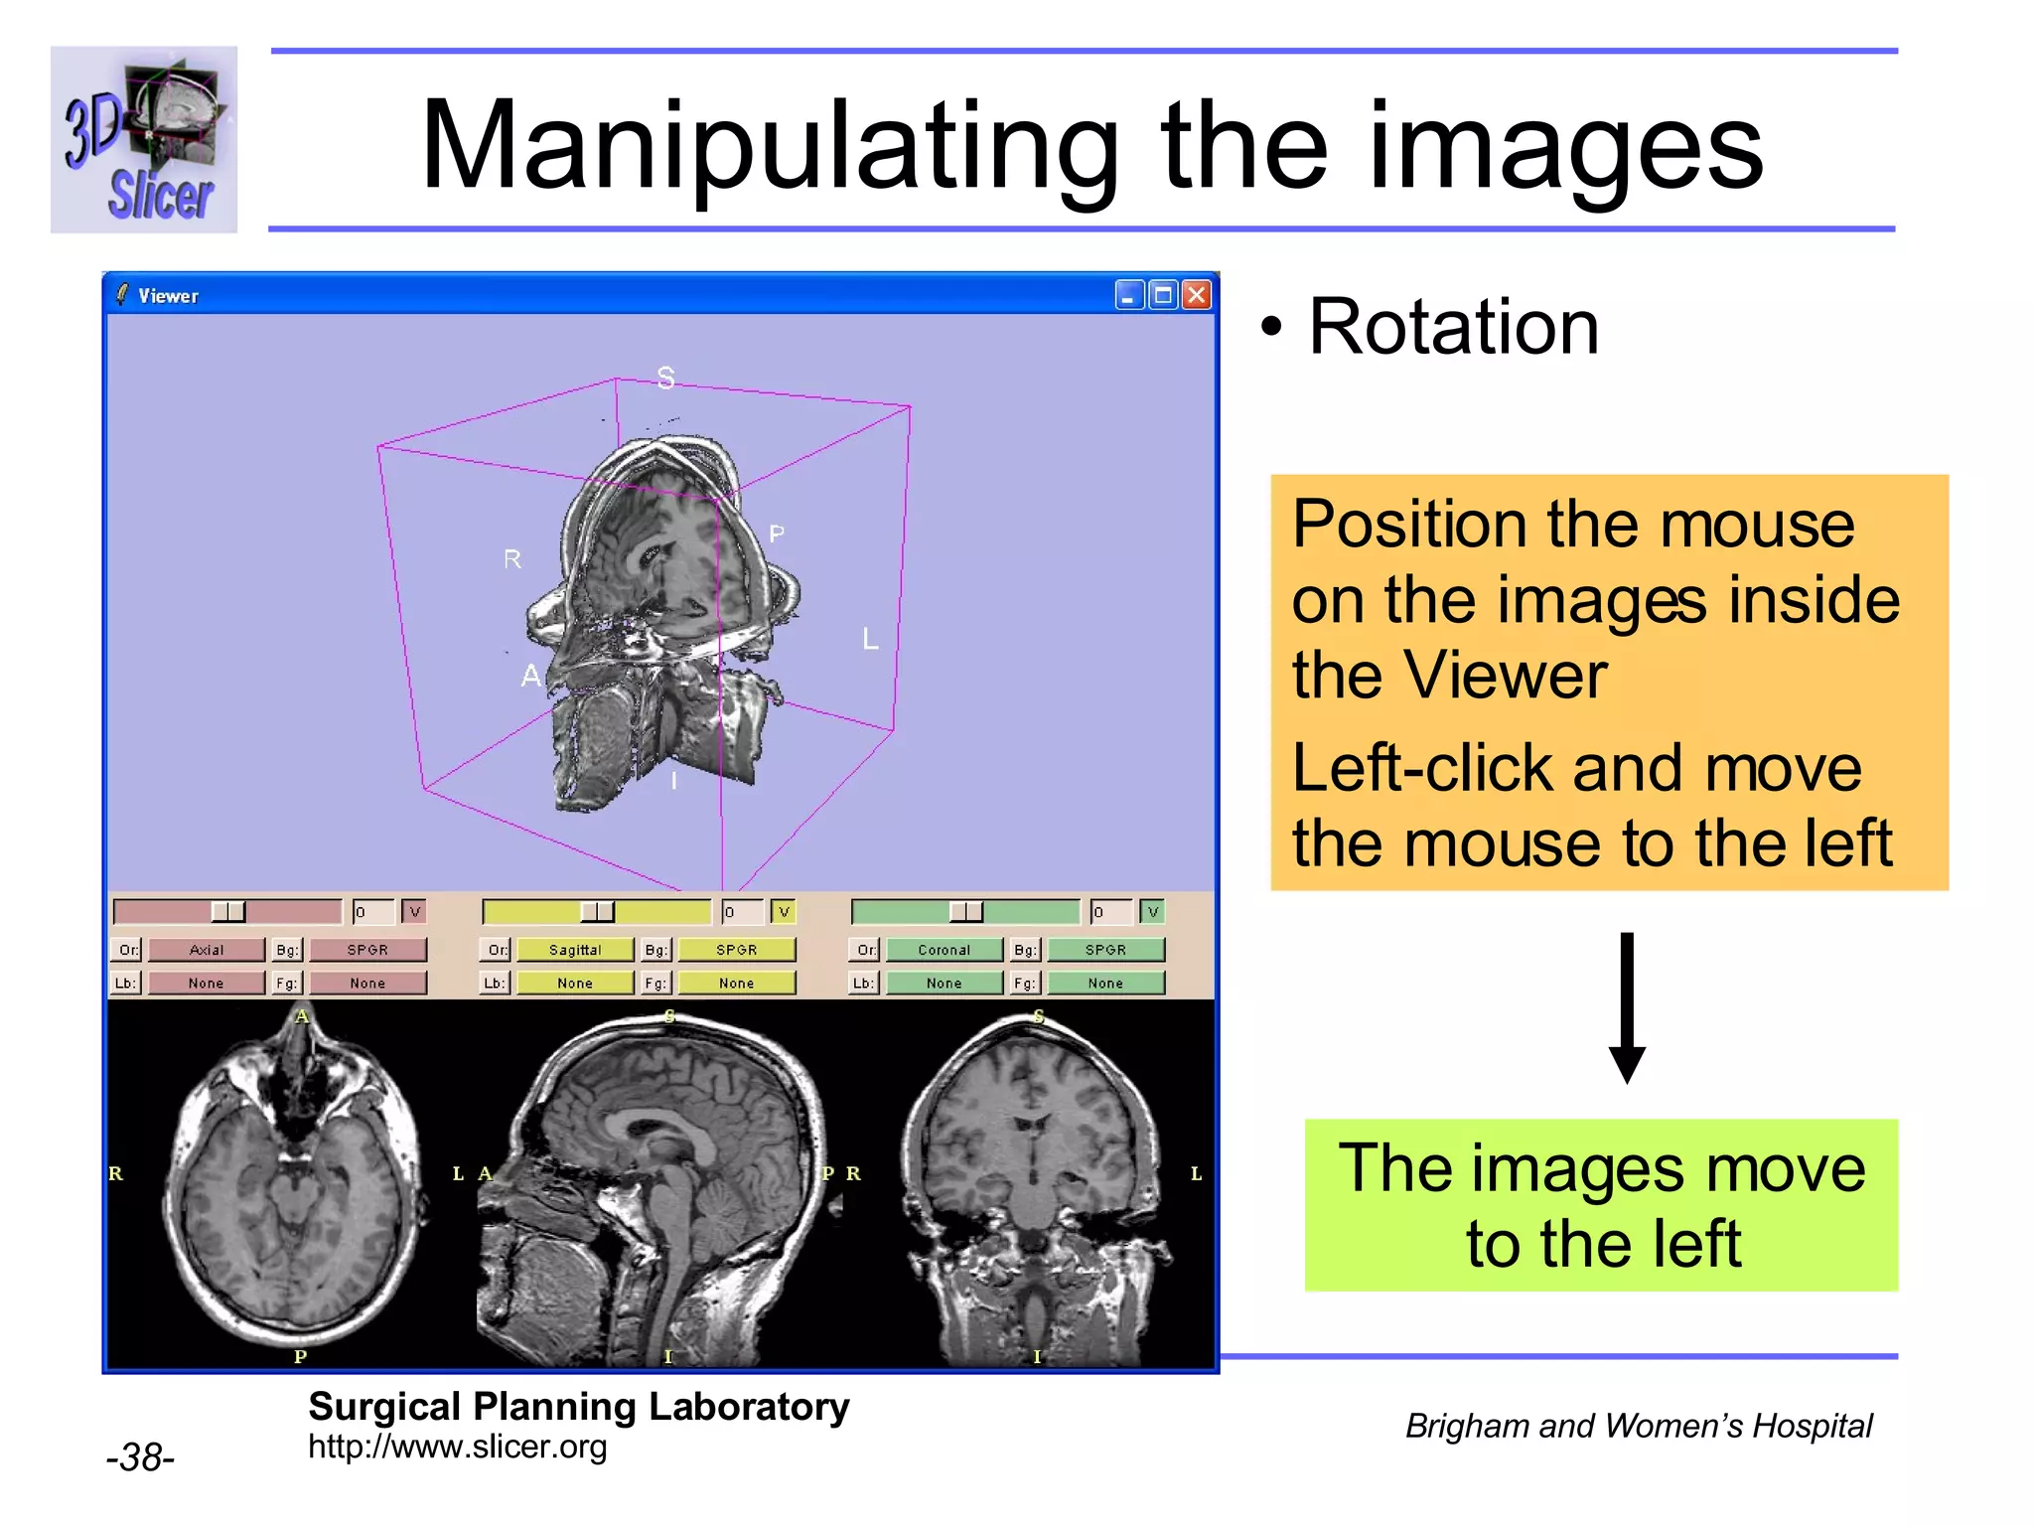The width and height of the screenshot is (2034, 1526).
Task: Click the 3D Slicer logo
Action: [144, 140]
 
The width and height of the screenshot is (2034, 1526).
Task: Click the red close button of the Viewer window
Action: [1198, 295]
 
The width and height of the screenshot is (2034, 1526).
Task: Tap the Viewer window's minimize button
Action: [1129, 295]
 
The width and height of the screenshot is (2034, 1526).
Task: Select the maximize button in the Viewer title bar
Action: [1163, 295]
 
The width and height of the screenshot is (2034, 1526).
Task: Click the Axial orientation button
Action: [207, 950]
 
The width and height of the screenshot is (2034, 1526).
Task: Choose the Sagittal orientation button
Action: [575, 950]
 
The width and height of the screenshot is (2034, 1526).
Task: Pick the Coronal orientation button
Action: [944, 950]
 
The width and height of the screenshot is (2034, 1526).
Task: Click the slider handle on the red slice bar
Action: [228, 912]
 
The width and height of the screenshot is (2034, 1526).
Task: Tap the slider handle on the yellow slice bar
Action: [597, 912]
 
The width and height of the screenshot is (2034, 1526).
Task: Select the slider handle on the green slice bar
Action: [966, 912]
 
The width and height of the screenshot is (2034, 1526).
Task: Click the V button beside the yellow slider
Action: [784, 912]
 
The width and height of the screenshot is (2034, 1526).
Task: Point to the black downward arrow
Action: [1627, 1007]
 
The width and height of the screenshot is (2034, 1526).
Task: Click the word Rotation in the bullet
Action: [1453, 327]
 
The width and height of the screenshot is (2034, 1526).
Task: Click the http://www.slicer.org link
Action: [457, 1447]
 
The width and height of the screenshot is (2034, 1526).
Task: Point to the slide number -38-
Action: [140, 1457]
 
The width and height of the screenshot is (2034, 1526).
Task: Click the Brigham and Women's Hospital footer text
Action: [1639, 1426]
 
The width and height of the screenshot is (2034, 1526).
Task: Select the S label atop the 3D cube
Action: [665, 378]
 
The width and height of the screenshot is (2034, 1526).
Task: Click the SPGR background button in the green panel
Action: [1105, 950]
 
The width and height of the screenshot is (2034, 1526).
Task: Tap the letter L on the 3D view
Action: [871, 639]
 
